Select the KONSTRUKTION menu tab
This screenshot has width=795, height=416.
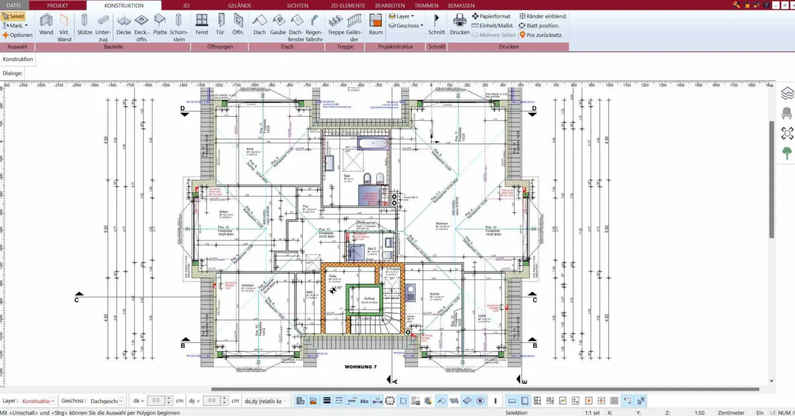(124, 6)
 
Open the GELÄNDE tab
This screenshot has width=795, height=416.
(240, 6)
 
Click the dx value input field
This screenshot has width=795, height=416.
(156, 401)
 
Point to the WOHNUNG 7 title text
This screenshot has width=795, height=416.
(361, 367)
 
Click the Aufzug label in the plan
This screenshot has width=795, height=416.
(369, 298)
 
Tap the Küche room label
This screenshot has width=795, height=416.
(434, 294)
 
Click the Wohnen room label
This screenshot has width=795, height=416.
(441, 224)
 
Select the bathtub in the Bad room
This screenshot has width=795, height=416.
(374, 144)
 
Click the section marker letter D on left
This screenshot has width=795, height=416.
(183, 109)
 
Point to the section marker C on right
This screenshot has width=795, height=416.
(535, 300)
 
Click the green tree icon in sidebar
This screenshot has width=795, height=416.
(787, 153)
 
